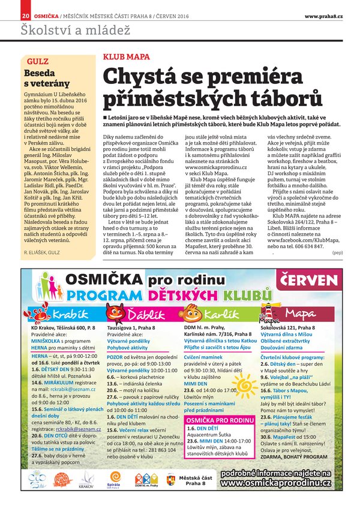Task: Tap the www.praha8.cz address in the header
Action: click(326, 15)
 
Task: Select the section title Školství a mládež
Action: click(58, 29)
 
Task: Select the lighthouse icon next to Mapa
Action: click(268, 311)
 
